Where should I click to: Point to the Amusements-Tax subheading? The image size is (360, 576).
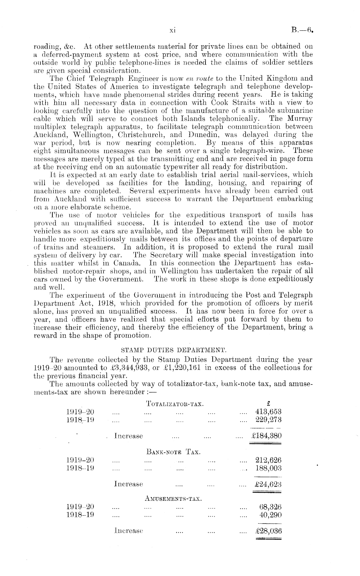click(174, 499)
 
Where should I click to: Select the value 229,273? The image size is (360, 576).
click(268, 420)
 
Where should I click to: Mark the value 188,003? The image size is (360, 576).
click(268, 468)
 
